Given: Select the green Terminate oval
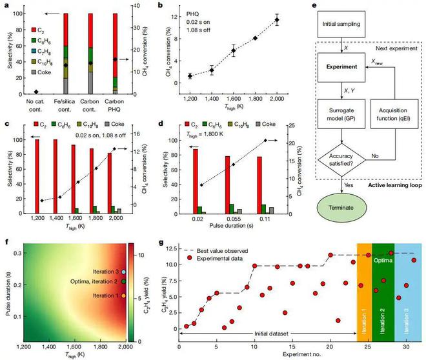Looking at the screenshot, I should coord(346,210).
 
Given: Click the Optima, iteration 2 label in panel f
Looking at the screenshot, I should coord(92,281).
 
